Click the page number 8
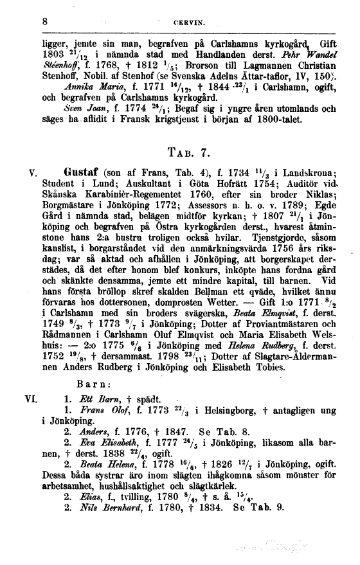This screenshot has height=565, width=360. [x=45, y=21]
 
